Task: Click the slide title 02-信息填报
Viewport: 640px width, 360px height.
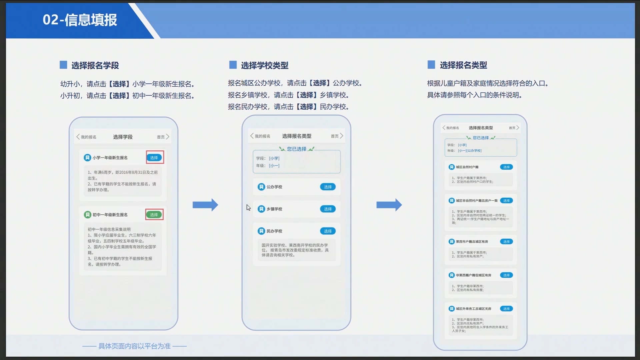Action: coord(80,20)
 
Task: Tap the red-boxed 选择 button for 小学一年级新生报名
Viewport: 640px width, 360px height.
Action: coord(154,158)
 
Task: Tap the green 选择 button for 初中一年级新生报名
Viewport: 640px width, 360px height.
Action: coord(154,215)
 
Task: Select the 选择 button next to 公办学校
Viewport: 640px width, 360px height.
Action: coord(328,187)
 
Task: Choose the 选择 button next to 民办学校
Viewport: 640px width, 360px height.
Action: coord(328,231)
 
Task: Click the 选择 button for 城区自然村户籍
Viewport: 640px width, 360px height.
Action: coord(506,167)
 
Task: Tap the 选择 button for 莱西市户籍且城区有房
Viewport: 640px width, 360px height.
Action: coord(506,242)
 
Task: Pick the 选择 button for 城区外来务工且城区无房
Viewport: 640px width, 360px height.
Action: coord(506,309)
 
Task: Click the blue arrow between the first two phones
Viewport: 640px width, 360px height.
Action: coord(205,205)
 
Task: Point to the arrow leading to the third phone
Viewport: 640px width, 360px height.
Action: coord(389,205)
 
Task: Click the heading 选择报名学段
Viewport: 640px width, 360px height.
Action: coord(95,65)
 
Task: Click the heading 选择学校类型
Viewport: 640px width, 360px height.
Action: coord(265,65)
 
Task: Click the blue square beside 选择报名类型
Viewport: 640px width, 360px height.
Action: coord(431,65)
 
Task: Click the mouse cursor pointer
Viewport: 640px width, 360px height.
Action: coord(248,208)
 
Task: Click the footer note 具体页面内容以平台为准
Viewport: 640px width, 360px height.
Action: coord(134,346)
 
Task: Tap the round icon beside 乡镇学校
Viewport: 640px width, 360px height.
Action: coord(261,209)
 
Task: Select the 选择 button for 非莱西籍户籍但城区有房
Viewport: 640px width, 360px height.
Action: coord(506,275)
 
